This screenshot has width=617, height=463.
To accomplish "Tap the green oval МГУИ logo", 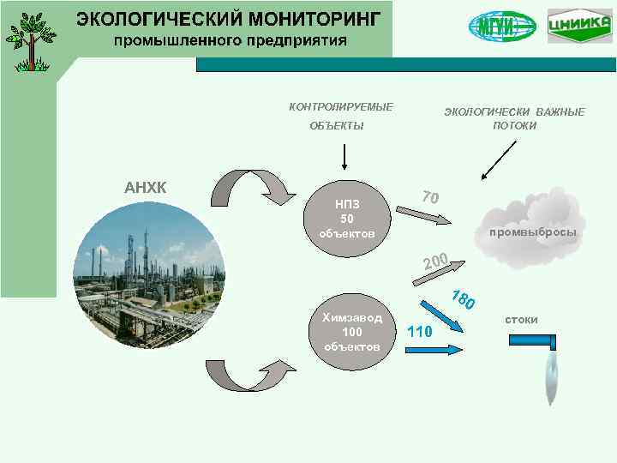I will click(502, 26).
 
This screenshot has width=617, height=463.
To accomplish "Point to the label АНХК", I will click(146, 188).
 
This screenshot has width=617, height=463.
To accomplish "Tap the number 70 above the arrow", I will click(431, 196).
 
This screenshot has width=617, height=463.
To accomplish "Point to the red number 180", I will click(464, 300).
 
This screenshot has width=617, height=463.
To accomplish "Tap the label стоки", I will click(521, 320).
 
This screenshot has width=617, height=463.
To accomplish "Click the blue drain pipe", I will click(535, 341).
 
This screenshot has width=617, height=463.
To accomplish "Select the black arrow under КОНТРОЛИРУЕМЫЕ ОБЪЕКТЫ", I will click(344, 158).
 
